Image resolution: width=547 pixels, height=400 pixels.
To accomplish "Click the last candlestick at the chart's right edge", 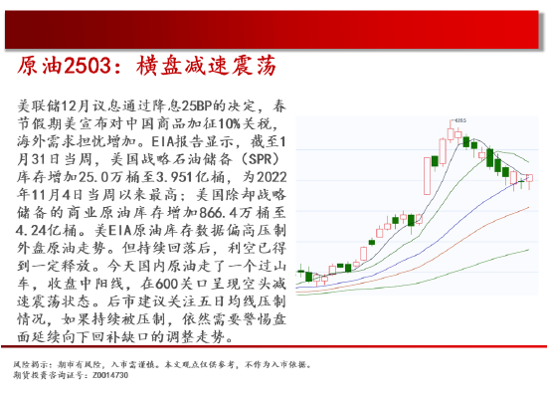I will tap(529, 179).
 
